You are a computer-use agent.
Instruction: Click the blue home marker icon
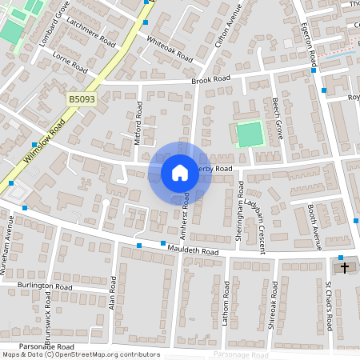180,172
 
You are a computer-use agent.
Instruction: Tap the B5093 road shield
81,99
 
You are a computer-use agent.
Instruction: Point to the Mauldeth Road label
193,250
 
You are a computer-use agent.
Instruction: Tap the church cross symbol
345,267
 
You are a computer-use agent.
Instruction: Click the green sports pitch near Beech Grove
250,133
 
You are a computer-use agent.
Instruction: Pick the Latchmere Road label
92,31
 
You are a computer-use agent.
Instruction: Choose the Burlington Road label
49,286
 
